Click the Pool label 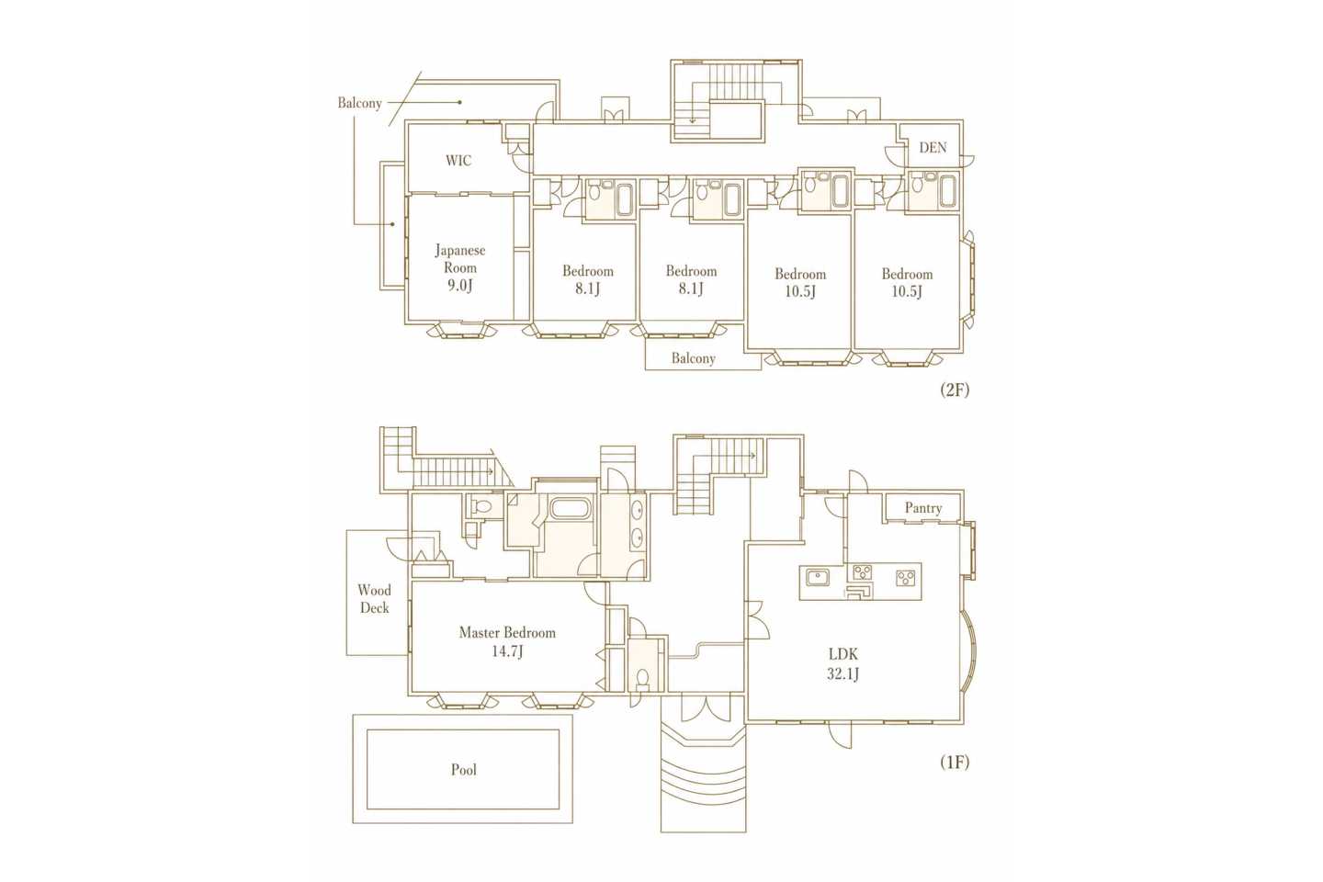tap(464, 770)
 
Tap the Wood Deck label tap(375, 599)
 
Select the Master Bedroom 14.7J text tap(507, 641)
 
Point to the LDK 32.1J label tap(842, 664)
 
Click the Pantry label tap(923, 508)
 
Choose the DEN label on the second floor tap(933, 147)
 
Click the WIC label tap(458, 160)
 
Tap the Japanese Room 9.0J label tap(460, 268)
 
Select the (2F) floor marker tap(955, 390)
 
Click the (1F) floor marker tap(955, 763)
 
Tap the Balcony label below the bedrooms tap(694, 358)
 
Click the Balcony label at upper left tap(360, 103)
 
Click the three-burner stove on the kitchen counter tap(863, 571)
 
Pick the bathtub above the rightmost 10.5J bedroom tap(946, 191)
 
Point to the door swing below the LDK tap(840, 735)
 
